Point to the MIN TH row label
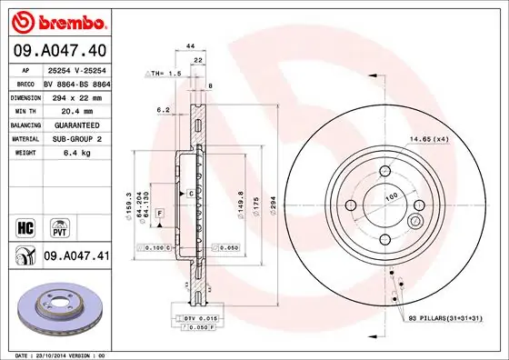[23, 109]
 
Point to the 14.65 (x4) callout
[430, 138]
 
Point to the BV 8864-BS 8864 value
[77, 82]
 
